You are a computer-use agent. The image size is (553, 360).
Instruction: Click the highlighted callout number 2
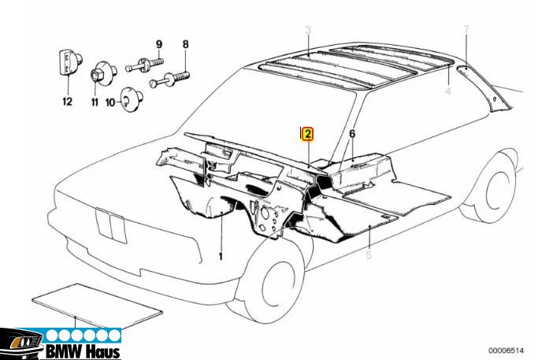307,134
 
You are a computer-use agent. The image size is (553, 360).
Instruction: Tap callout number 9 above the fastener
159,44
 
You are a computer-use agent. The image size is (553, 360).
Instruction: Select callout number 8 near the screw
185,44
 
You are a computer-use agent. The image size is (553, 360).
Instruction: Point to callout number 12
67,102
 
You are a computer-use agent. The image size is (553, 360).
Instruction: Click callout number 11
95,102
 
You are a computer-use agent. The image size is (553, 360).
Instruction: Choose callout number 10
110,102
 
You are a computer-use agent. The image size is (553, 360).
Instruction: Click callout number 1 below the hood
221,256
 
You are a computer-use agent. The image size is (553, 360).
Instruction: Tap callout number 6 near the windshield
352,134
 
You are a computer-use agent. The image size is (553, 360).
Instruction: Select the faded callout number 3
308,30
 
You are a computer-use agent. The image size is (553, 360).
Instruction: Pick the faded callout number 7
466,30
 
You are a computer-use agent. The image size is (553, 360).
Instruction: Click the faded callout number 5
369,254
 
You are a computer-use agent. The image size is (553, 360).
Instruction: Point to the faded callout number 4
448,91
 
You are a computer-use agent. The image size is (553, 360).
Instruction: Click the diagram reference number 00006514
506,351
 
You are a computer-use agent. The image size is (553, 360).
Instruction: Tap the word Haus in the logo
103,351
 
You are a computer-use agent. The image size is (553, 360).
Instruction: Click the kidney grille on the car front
111,226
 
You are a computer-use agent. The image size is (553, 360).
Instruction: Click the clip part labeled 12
69,63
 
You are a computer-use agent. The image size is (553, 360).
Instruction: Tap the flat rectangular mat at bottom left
97,306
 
